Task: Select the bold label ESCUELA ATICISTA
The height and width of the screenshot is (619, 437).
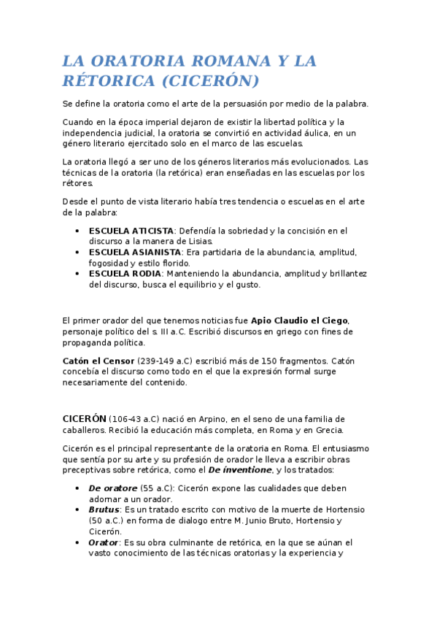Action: tap(131, 231)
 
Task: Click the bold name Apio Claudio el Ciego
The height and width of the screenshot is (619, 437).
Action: tap(300, 320)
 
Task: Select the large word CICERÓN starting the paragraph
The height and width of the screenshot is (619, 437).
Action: tap(84, 418)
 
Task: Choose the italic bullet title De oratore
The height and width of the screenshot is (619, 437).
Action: tap(115, 488)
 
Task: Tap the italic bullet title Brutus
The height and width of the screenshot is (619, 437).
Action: tap(104, 509)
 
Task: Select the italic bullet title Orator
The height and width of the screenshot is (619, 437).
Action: tap(104, 542)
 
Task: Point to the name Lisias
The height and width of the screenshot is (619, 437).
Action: tap(198, 242)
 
